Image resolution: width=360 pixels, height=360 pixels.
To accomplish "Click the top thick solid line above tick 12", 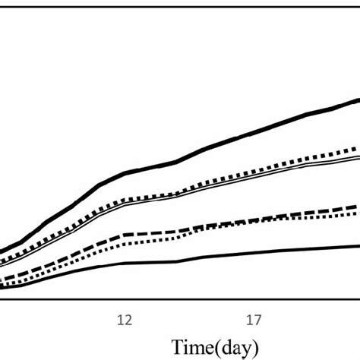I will point(124,174).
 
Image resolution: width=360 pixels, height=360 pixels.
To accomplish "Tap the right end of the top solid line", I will point(358,99).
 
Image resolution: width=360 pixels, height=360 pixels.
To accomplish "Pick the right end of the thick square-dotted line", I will point(358,148).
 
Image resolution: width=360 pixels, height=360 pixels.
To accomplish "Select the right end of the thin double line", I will point(358,157).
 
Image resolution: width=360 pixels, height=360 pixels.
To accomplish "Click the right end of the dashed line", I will point(358,206).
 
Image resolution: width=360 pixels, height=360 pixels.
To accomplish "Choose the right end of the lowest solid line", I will point(358,245).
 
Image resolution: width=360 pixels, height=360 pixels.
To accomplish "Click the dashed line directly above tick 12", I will point(124,234).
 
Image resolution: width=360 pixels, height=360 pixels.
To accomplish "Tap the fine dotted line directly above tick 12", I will point(124,242).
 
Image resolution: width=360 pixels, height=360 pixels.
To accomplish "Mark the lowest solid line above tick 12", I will point(124,264).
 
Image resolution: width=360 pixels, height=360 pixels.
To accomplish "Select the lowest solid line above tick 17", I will point(255,253).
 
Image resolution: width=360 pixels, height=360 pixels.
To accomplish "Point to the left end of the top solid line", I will point(2,253).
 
